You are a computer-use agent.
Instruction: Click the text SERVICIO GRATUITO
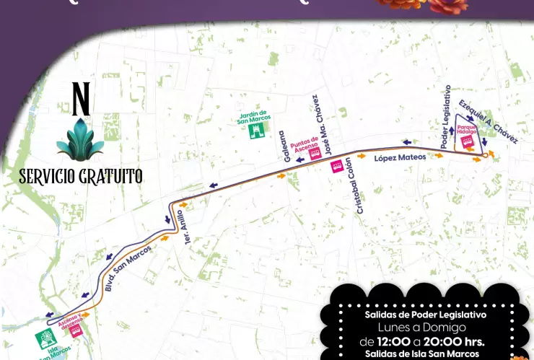click(80, 176)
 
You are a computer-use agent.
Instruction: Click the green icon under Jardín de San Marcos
click(255, 131)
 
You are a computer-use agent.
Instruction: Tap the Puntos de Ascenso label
click(304, 144)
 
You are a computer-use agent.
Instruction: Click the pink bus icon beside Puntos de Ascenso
click(315, 154)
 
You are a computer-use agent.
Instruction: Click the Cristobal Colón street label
click(364, 185)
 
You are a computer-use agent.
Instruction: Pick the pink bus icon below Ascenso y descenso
click(75, 331)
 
